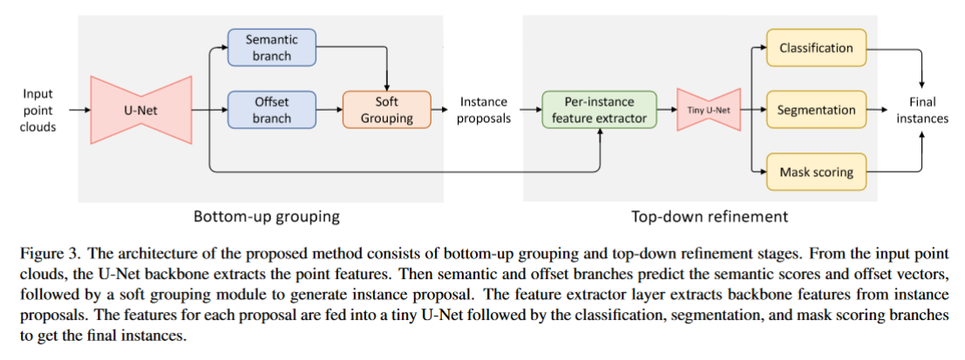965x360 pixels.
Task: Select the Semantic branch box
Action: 271,48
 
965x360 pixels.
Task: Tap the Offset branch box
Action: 271,110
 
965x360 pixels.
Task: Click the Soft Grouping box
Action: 387,110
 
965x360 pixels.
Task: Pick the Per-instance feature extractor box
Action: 599,110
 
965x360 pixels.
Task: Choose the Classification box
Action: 816,48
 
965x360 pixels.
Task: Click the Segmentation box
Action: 816,110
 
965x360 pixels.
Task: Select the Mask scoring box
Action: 816,173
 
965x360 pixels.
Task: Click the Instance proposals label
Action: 484,110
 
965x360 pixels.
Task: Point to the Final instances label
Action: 921,110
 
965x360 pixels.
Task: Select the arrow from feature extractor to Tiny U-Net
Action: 665,111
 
